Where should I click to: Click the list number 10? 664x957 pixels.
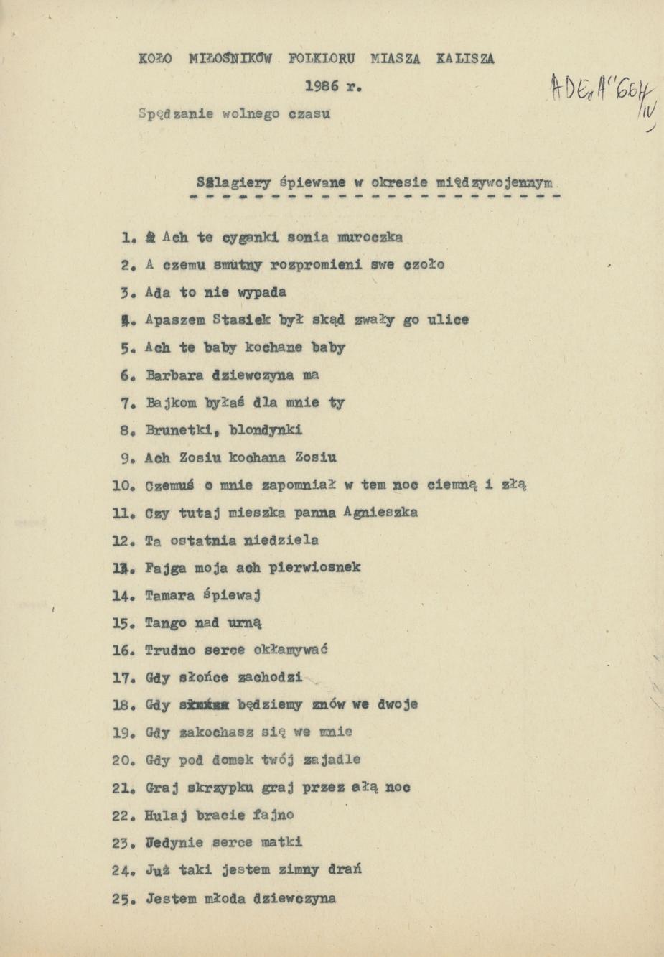point(123,485)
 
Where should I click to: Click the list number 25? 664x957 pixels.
point(123,899)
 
